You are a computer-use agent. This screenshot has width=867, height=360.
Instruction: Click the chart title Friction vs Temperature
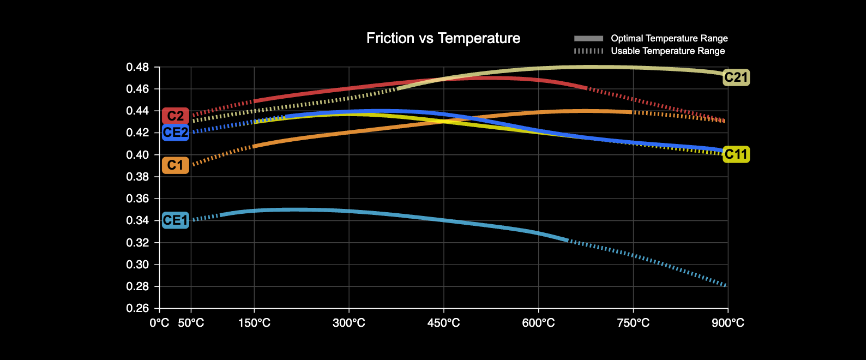point(443,38)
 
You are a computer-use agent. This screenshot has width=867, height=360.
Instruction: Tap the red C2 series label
point(176,116)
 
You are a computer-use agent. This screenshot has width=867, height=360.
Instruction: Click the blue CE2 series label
point(176,133)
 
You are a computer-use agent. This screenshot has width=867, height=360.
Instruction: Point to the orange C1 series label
point(176,165)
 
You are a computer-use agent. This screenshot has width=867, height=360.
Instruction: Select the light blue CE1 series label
point(176,220)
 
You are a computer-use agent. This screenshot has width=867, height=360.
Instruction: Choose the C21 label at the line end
point(736,77)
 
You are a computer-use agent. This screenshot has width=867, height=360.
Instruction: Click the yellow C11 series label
point(736,154)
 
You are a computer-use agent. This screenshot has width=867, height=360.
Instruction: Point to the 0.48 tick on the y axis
point(137,67)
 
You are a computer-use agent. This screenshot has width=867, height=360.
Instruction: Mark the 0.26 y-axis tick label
point(137,308)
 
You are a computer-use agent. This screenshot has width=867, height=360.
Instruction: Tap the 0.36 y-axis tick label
point(137,199)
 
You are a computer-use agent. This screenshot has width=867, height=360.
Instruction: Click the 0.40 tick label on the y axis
point(137,155)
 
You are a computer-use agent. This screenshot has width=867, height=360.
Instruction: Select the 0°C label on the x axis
point(159,323)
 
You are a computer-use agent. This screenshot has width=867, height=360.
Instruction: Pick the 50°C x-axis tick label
point(191,323)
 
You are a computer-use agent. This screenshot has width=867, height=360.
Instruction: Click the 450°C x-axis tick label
point(443,323)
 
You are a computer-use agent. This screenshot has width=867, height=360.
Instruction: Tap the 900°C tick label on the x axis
point(728,323)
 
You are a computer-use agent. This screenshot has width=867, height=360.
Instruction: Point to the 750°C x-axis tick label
point(633,323)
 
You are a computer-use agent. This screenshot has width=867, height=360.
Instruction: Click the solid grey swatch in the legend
point(588,38)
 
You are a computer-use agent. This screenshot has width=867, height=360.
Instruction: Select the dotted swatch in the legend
point(588,51)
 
